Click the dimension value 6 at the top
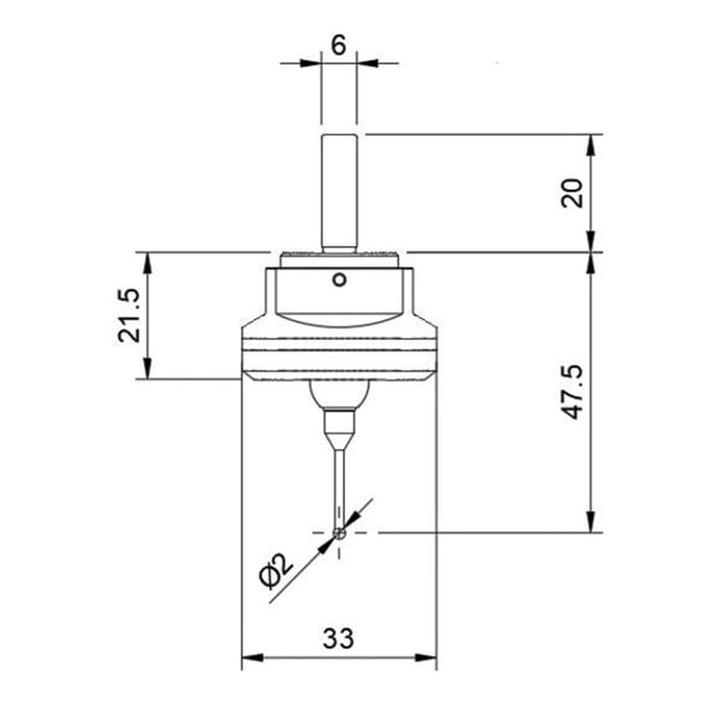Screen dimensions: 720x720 coord(337,45)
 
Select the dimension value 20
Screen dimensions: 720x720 coord(572,193)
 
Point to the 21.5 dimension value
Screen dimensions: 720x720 coord(129,315)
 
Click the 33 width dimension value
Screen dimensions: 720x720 coord(338,638)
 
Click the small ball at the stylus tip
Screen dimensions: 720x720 coord(339,533)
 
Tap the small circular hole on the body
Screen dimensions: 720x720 coord(339,279)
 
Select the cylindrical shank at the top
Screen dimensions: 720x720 coord(339,193)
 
